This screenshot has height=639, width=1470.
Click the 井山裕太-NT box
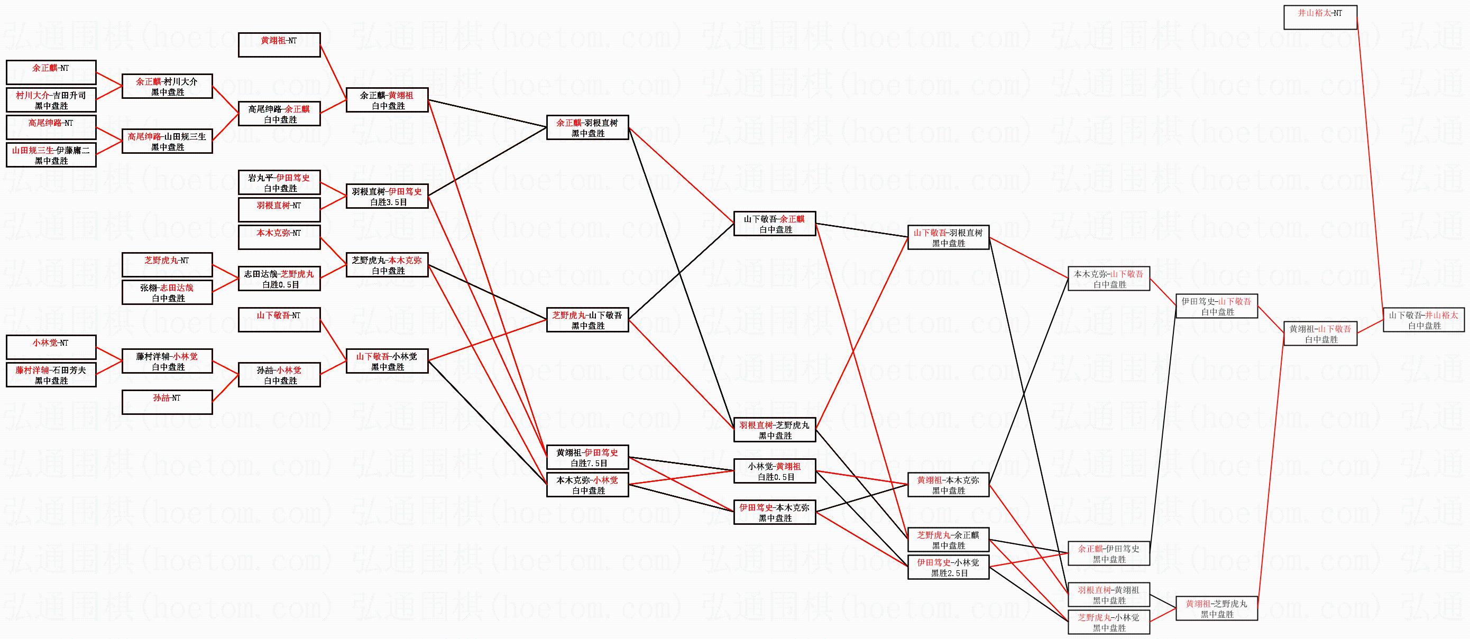click(1320, 17)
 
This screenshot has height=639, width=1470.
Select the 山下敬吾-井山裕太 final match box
click(1424, 320)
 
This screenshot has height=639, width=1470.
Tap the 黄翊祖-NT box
click(279, 44)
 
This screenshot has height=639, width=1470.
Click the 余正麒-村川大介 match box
click(167, 86)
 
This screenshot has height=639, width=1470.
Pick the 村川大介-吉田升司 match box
click(51, 100)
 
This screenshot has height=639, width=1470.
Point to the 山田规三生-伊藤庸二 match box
click(51, 155)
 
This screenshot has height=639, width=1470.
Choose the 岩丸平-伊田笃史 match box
click(279, 182)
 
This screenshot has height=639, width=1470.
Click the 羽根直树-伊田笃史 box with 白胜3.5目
click(387, 196)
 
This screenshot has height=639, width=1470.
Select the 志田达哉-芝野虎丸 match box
click(279, 279)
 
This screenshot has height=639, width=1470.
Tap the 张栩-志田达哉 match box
click(167, 292)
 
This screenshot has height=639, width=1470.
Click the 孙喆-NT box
click(167, 402)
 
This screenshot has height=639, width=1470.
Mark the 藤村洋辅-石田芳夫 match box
click(51, 375)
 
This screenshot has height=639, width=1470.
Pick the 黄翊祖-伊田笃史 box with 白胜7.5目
click(587, 457)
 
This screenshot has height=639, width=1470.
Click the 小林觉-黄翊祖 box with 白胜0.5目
click(774, 471)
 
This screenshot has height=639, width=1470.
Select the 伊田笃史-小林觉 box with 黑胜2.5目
click(948, 567)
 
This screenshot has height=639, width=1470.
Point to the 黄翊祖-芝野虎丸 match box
click(1217, 608)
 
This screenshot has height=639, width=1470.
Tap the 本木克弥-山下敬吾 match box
click(1109, 279)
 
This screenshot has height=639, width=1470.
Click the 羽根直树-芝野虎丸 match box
click(774, 430)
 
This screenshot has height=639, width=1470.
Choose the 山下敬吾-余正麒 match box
click(774, 224)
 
